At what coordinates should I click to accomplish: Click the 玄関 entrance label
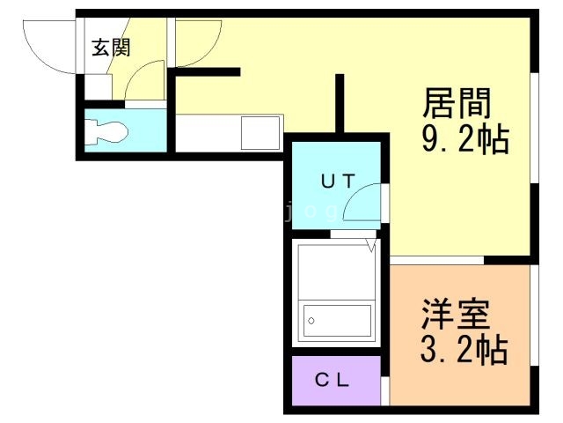tap(111, 47)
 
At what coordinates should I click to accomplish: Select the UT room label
tap(337, 182)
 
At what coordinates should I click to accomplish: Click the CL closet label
tap(333, 381)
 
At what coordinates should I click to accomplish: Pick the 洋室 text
tap(455, 315)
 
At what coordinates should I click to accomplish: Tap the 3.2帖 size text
tap(464, 351)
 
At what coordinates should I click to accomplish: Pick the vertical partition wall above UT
tap(339, 101)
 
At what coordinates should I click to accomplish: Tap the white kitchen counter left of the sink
tap(208, 135)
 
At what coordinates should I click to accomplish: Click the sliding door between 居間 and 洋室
tap(437, 260)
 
